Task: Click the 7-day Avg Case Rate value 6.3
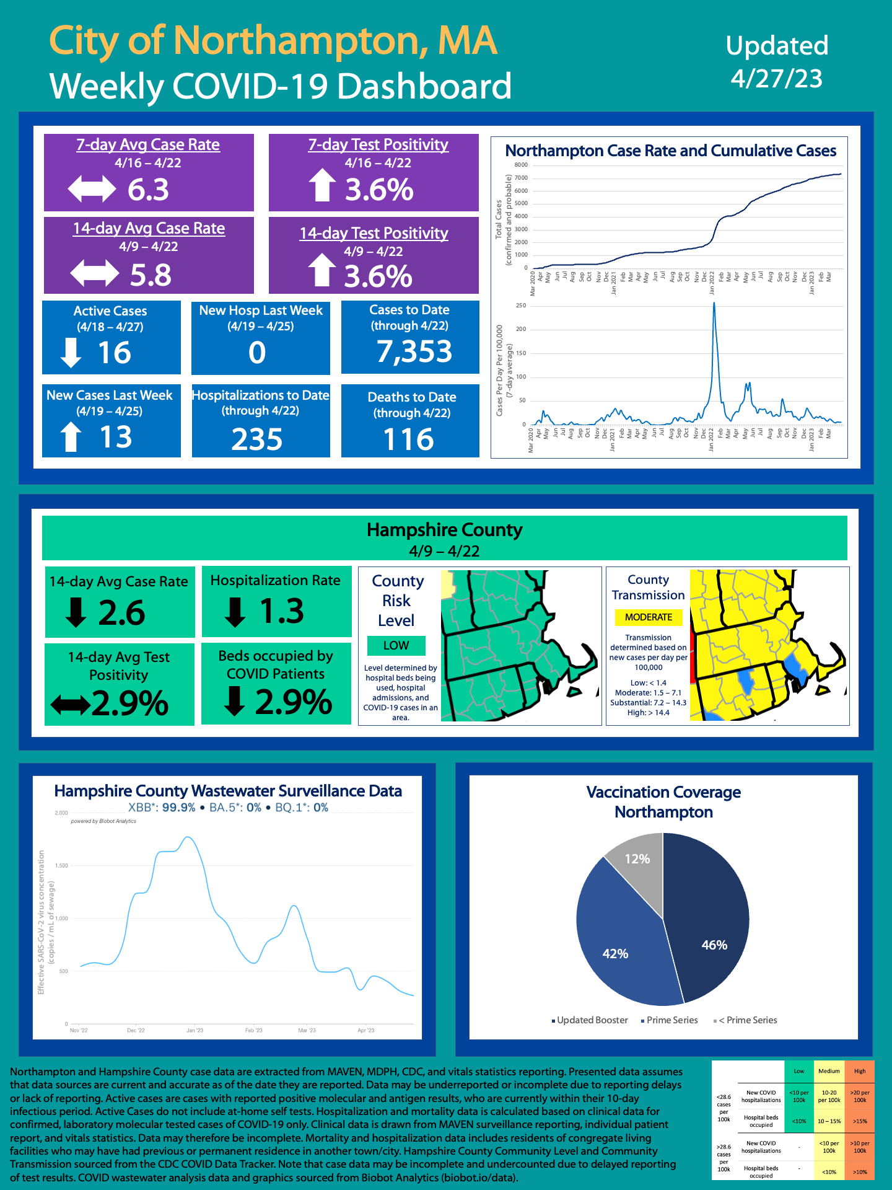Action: pyautogui.click(x=148, y=190)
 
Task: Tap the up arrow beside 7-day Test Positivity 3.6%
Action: pyautogui.click(x=322, y=186)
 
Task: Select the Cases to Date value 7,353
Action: pyautogui.click(x=414, y=351)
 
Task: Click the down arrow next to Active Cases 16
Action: pyautogui.click(x=71, y=352)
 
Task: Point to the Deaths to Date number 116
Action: pyautogui.click(x=409, y=439)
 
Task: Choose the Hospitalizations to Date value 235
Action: pyautogui.click(x=257, y=439)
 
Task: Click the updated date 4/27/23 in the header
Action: pyautogui.click(x=777, y=79)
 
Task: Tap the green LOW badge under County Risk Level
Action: pyautogui.click(x=396, y=645)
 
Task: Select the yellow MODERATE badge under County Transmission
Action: pyautogui.click(x=649, y=617)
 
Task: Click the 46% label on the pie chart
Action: pyautogui.click(x=714, y=945)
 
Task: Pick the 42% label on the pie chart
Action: pyautogui.click(x=615, y=954)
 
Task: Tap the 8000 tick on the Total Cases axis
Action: pyautogui.click(x=521, y=165)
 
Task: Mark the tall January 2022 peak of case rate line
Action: pyautogui.click(x=714, y=304)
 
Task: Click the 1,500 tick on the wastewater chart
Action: pyautogui.click(x=61, y=866)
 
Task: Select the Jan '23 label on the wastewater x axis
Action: pyautogui.click(x=195, y=1031)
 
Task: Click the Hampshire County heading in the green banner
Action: pyautogui.click(x=444, y=531)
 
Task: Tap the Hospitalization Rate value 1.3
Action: pyautogui.click(x=282, y=611)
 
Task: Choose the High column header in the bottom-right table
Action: pyautogui.click(x=860, y=1071)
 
